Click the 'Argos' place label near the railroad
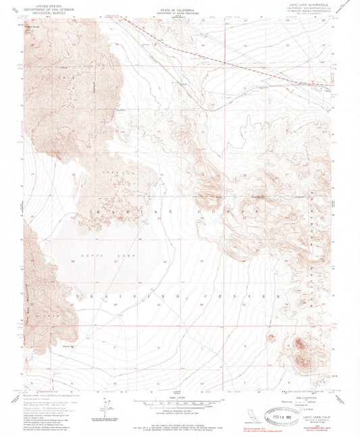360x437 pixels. tap(181, 84)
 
